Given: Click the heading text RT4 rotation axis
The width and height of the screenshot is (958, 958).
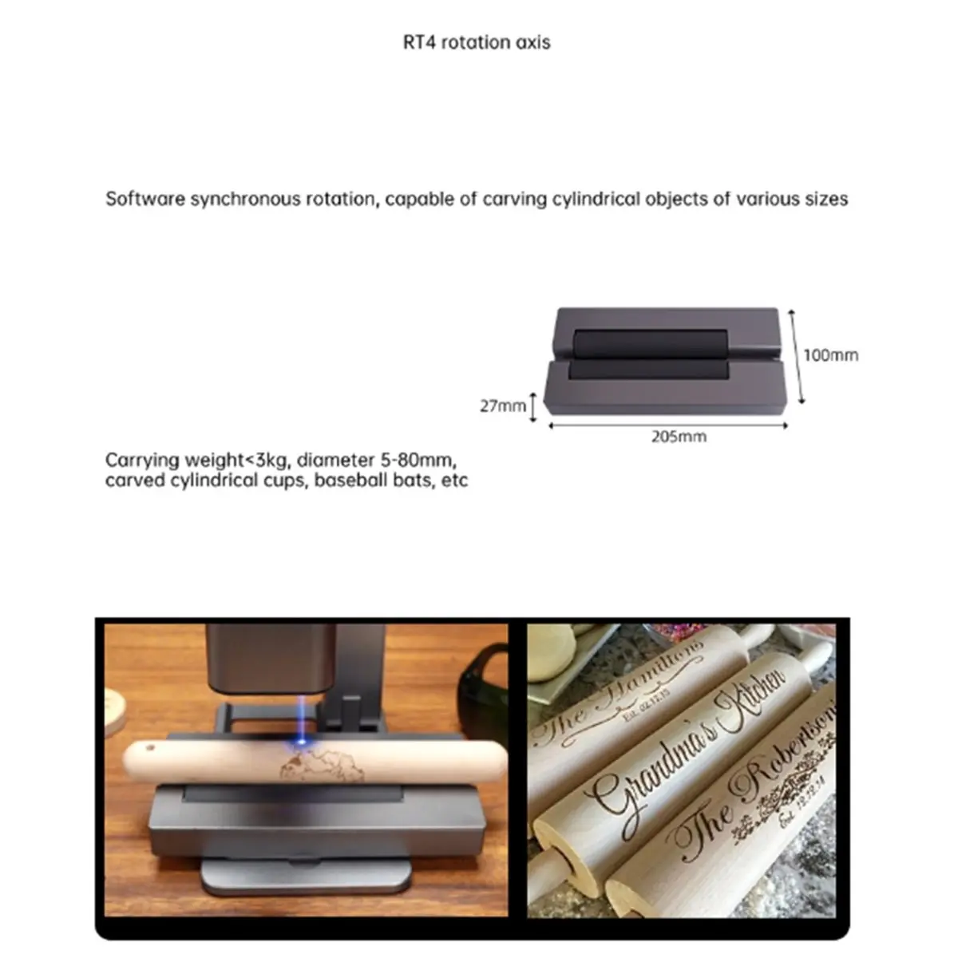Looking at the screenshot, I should pos(477,42).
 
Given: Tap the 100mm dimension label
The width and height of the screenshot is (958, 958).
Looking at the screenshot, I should pos(830,355).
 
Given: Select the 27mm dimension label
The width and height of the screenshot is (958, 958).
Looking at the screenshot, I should pos(502,406).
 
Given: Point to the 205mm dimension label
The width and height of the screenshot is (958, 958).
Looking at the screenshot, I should pos(678,437).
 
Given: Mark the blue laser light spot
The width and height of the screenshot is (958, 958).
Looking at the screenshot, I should pos(302,742).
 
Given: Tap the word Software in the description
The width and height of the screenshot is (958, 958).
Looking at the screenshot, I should pos(145,199).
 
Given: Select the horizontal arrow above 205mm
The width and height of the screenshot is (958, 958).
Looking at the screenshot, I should pos(667,426).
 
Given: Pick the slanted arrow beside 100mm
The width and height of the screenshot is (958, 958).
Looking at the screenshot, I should pos(795,356).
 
